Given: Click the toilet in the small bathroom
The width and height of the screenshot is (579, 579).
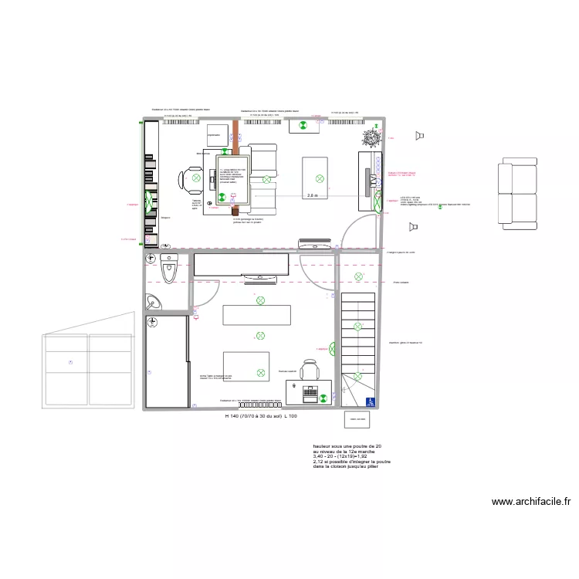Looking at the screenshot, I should pos(168,269).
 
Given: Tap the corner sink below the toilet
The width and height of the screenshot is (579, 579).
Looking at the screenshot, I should pos(154,303).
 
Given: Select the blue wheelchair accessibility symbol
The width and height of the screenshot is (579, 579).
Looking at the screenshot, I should pos(370,401).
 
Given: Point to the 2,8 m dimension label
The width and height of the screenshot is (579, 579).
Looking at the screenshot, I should pos(313,196).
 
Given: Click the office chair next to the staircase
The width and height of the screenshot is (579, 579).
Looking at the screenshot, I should pos(310,370).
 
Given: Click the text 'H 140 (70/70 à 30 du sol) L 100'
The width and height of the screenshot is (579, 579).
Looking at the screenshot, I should pos(260,416).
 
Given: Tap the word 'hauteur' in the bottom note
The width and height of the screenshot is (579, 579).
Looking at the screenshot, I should pos(323,446).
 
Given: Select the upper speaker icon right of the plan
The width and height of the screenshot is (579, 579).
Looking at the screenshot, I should pos(419,136).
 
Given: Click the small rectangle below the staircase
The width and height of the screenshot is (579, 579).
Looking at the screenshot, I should pos(356,420).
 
